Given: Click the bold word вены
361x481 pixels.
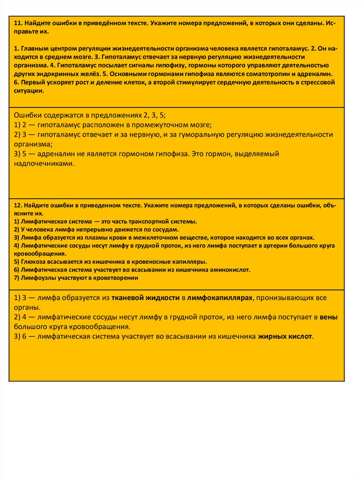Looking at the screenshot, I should tap(328, 317).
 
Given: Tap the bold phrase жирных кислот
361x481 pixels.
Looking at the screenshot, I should tap(285, 336).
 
